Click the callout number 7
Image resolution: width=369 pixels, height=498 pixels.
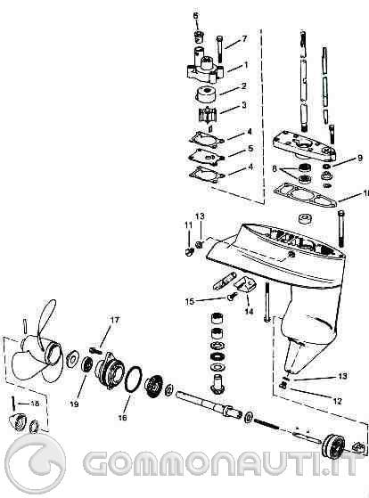pos(244,38)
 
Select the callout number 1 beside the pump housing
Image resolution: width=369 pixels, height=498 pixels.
pos(246,65)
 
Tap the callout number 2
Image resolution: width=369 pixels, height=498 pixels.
pos(244,86)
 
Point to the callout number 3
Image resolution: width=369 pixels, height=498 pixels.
pos(244,104)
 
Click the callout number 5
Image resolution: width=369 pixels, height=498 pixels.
pos(250,148)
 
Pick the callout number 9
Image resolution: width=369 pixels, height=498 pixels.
pos(360,158)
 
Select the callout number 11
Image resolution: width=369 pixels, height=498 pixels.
pos(188,225)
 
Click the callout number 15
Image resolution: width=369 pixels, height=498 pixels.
pos(190,301)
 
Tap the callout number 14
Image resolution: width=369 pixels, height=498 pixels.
pos(250,311)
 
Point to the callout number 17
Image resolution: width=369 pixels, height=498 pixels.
pos(114,320)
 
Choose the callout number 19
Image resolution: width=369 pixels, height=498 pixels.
pos(74,404)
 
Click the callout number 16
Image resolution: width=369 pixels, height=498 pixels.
pos(122,417)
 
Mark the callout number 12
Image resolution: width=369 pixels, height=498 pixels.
pos(337,401)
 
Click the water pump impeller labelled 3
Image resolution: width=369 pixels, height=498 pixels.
pos(208,117)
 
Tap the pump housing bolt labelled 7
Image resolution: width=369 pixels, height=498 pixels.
pos(219,49)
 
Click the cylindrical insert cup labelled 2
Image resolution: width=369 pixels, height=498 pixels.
pos(207,94)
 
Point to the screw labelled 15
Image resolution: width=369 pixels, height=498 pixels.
pos(232,297)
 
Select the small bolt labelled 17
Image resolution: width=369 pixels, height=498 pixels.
pos(95,350)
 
